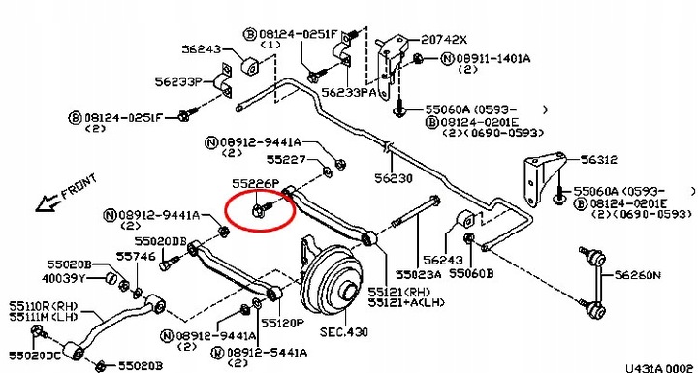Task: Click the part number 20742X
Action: [444, 40]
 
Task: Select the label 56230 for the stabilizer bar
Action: [393, 178]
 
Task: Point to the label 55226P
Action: [256, 184]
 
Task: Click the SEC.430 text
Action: [344, 332]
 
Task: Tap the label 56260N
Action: [638, 275]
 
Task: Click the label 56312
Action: [599, 160]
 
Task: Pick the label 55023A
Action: [419, 274]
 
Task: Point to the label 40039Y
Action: [63, 279]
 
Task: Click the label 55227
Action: [286, 159]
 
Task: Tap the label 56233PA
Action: [349, 92]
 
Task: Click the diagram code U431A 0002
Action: [661, 368]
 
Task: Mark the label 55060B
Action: [471, 273]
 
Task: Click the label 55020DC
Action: [35, 356]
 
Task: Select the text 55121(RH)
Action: [399, 293]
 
